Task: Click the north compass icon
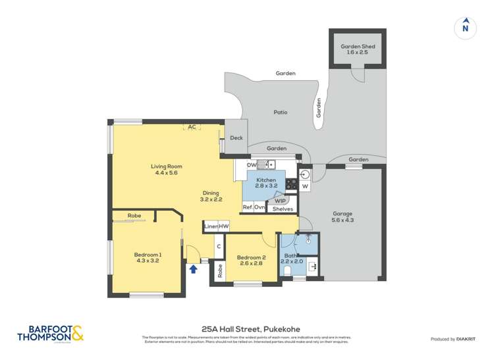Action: (x=465, y=27)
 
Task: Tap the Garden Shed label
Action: (x=357, y=47)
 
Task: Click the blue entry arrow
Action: (x=193, y=268)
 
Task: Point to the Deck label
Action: (x=236, y=138)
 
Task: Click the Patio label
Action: (x=281, y=113)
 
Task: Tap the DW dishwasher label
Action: (x=251, y=165)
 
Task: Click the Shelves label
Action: (x=283, y=209)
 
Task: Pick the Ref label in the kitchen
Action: (x=248, y=207)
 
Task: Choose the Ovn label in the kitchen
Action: (x=260, y=207)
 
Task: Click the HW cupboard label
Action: (x=224, y=226)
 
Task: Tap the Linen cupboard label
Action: (x=211, y=226)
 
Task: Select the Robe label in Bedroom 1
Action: (x=134, y=215)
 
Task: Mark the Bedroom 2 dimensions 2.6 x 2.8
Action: (x=251, y=263)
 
